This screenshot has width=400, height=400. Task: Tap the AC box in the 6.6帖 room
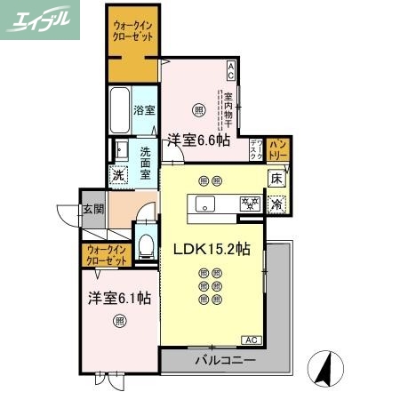click(x=230, y=67)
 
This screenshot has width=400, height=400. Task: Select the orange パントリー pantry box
click(x=277, y=148)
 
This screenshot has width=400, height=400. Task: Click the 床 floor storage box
click(x=277, y=178)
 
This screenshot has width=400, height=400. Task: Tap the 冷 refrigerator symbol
click(x=277, y=204)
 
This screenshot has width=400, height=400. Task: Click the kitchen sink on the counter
click(x=204, y=204)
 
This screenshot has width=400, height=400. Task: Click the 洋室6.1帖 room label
click(x=118, y=299)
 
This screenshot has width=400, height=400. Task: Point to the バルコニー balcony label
click(x=226, y=361)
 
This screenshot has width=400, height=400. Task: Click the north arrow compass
click(x=325, y=367)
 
